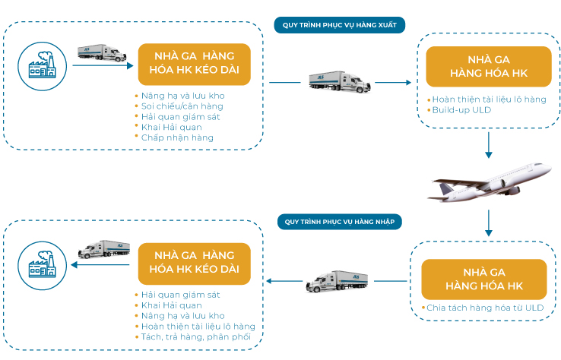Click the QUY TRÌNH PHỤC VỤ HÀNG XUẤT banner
pos(340,25)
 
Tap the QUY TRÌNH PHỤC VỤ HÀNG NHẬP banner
pos(340,222)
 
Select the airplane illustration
pos(490,182)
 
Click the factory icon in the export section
pos(43,66)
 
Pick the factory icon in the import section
pos(43,265)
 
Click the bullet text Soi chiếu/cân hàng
pos(182,106)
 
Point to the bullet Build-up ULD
pos(461,110)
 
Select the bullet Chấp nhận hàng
pos(177,137)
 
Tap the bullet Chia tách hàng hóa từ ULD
pos(485,308)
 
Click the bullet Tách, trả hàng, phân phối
pos(195,336)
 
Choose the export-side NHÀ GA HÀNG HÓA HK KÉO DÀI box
pos(195,65)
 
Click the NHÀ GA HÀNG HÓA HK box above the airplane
pos(489,67)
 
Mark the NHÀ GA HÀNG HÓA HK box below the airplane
pos(484,279)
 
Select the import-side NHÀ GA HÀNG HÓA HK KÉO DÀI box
pos(195,264)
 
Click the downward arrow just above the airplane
pos(489,145)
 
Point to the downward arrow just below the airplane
pos(489,223)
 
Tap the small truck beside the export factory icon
pos(102,53)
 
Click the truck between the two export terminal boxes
pos(340,82)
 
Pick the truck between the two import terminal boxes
pos(337,281)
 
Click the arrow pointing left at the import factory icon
pos(100,265)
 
